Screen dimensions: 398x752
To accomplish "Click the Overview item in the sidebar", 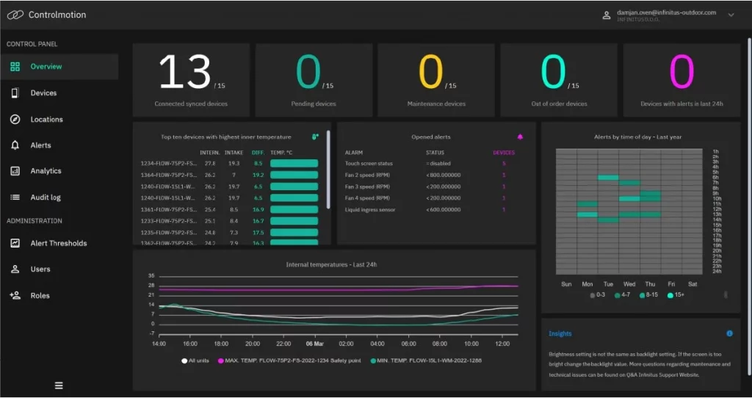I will (46, 67).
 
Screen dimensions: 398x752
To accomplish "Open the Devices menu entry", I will (43, 93).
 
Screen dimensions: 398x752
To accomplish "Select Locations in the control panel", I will (46, 120).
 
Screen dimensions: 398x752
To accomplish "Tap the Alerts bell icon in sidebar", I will (15, 145).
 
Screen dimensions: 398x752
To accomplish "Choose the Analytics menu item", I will (46, 171).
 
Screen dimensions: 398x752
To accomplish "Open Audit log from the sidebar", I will (46, 198).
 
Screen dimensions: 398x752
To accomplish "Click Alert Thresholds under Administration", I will (58, 243).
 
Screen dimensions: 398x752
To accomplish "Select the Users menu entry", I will (40, 269).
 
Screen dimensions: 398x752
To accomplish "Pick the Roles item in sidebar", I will (40, 295).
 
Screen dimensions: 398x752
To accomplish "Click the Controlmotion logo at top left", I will (15, 15).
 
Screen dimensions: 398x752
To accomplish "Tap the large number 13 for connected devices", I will (184, 73).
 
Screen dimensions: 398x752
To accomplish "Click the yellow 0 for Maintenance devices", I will (431, 73).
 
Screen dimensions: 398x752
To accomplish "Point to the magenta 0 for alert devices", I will (681, 73).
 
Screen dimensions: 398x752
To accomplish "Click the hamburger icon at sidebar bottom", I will (59, 386).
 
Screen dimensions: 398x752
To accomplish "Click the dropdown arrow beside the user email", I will (731, 15).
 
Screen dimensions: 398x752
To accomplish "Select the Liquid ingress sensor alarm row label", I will (370, 209).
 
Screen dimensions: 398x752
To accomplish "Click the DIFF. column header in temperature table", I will (258, 153).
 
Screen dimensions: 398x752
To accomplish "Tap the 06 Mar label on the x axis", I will (314, 344).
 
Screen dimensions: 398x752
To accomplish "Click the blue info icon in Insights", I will (729, 333).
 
